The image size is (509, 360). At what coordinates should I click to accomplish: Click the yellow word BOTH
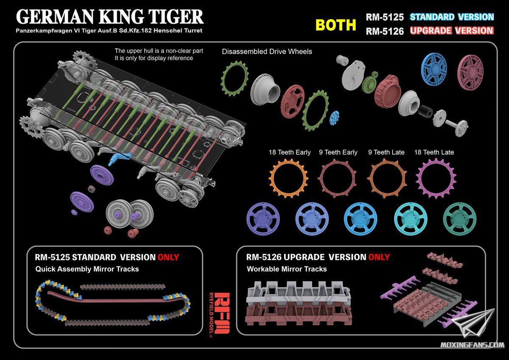coord(336,25)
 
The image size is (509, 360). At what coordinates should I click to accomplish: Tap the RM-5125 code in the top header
coord(385,17)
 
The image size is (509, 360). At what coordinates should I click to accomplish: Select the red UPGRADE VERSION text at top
coord(452,31)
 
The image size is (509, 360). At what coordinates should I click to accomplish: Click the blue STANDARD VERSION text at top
coord(452,17)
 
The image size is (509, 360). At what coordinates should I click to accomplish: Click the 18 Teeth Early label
coord(289,152)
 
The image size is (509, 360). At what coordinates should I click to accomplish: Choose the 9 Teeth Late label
coord(386,152)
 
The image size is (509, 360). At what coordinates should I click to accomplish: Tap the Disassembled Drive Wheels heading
coord(267,52)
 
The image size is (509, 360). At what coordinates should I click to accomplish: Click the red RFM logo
coord(222,313)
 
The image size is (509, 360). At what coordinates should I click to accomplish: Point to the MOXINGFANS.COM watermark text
coord(472,345)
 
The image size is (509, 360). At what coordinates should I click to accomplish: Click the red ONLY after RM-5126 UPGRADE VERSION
coord(379,257)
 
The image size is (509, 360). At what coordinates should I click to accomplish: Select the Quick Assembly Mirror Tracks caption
coord(87,269)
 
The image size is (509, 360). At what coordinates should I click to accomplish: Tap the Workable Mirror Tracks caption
coord(287,269)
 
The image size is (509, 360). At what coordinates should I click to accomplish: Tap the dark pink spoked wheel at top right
coord(470,72)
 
